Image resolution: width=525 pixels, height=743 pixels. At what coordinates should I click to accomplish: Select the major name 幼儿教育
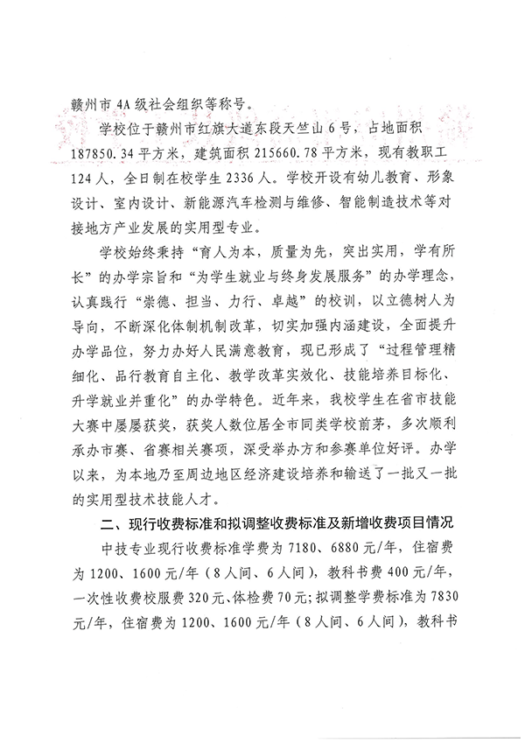click(x=401, y=175)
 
